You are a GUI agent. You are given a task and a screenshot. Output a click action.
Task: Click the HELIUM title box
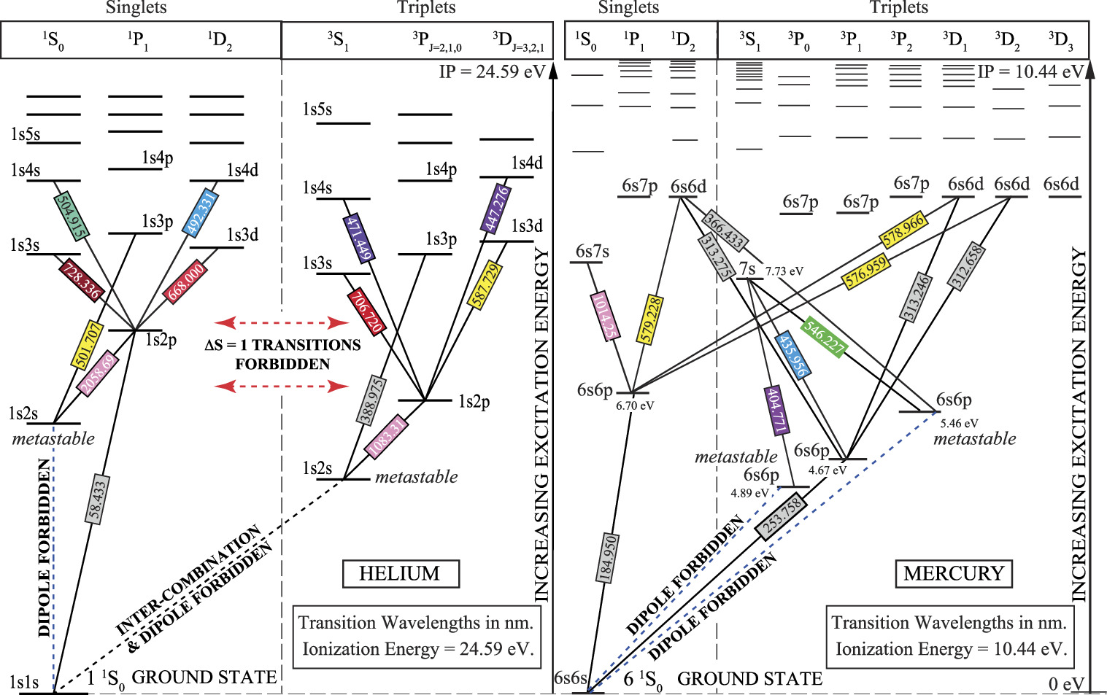401,573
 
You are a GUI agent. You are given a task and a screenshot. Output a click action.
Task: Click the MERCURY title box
954,573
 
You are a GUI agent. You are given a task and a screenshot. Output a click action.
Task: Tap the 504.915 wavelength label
72,216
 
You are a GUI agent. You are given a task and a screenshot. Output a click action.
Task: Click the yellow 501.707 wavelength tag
88,345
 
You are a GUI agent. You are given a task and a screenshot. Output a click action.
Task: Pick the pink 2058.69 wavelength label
99,374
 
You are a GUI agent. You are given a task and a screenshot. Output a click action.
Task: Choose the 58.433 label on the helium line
97,500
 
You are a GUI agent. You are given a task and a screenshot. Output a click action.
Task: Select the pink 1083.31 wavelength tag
387,437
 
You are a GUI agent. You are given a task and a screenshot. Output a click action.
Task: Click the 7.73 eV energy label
784,271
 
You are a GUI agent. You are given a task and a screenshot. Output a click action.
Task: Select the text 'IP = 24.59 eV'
492,72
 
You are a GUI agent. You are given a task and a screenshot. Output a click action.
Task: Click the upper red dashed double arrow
282,323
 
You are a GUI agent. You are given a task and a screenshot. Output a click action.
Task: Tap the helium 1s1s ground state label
24,682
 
